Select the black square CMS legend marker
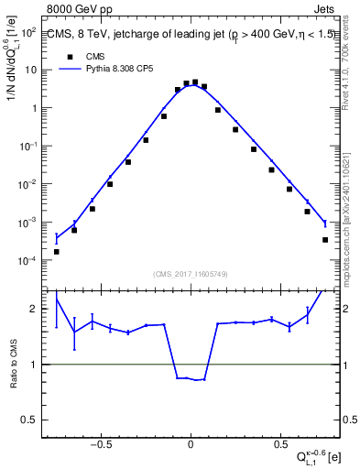point(70,54)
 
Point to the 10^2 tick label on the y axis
point(28,32)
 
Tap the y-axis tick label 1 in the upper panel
point(34,108)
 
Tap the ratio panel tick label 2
point(34,309)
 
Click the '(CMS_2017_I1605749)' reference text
point(191,275)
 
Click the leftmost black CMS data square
point(57,251)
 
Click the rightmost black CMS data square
point(325,240)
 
